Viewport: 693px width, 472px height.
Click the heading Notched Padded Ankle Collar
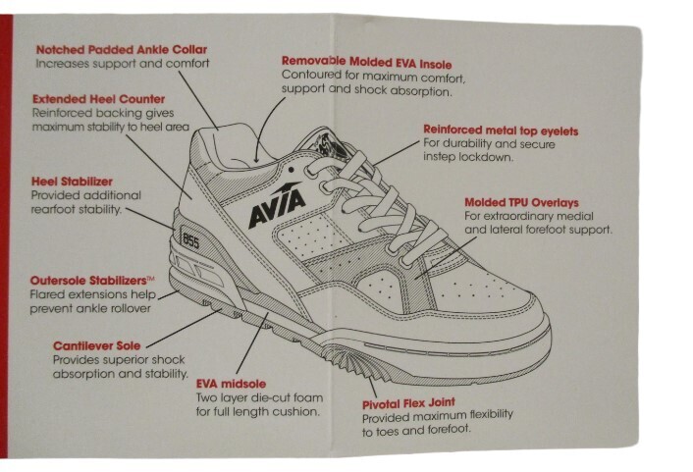[122, 49]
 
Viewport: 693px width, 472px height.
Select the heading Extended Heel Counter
[98, 99]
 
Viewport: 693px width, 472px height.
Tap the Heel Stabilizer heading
[72, 182]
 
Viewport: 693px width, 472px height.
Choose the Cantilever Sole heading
[97, 345]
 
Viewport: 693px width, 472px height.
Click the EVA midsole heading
[231, 384]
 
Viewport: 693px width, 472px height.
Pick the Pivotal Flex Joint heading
[408, 403]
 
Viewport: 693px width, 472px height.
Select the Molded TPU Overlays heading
[521, 202]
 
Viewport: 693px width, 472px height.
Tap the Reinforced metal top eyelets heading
[501, 131]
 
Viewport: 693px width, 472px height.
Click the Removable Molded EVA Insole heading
[367, 63]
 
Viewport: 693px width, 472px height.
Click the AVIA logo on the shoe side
[277, 205]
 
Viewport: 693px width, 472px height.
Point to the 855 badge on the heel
[190, 240]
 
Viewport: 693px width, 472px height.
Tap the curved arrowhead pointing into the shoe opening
[255, 159]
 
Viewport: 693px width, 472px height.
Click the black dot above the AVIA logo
[291, 169]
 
